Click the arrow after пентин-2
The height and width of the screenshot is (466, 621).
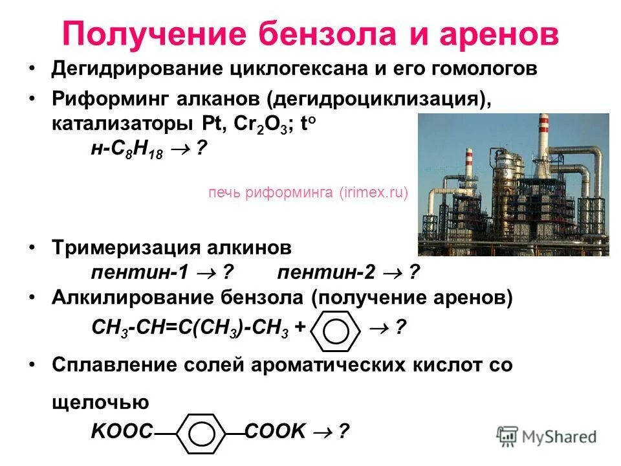point(391,273)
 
